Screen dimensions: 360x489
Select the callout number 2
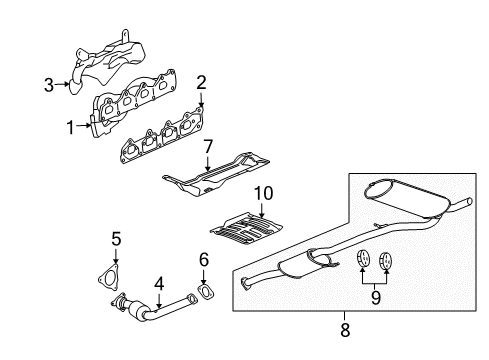click(x=201, y=83)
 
